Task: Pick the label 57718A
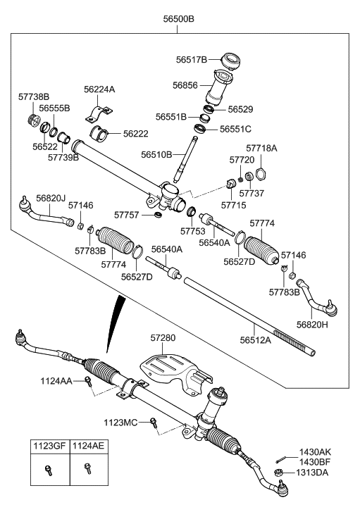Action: [x=261, y=149]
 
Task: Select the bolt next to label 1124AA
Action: [x=89, y=382]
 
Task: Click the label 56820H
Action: [x=314, y=325]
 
